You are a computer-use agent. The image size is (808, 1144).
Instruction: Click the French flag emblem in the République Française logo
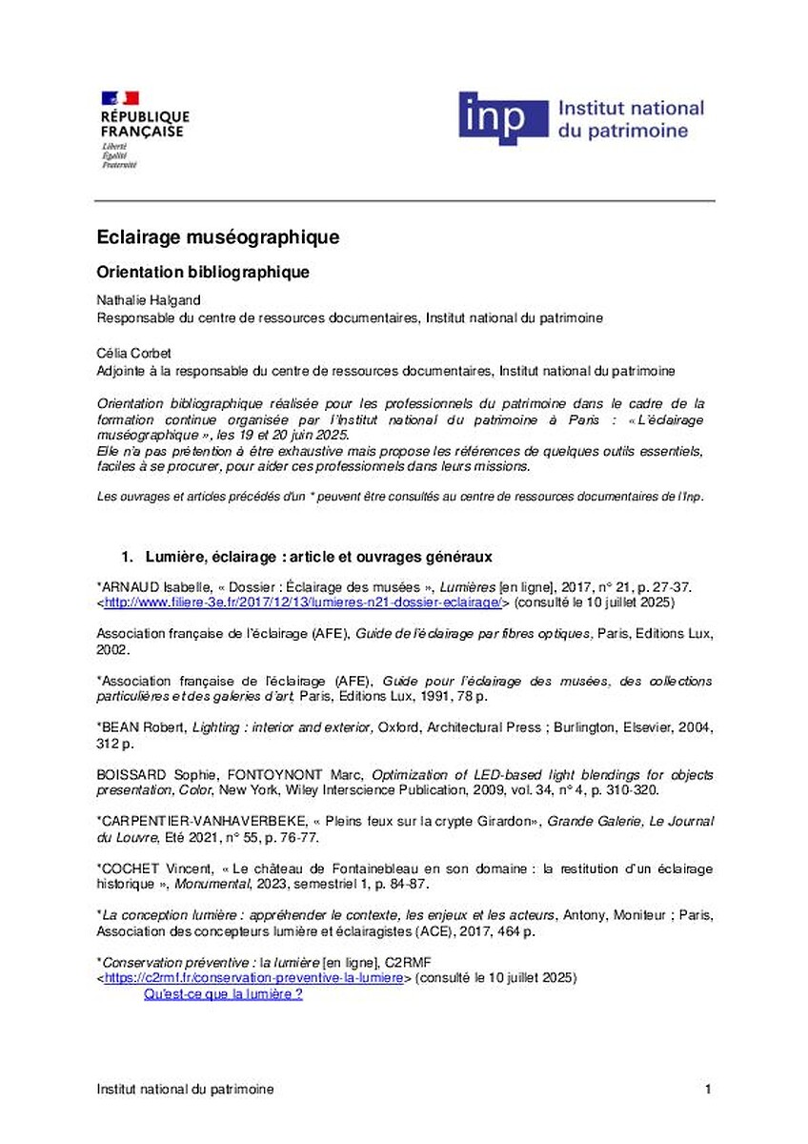[120, 97]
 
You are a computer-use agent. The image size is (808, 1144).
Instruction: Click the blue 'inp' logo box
[502, 118]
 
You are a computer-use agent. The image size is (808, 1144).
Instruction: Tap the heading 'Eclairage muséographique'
[217, 236]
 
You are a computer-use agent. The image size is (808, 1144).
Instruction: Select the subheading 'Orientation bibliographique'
[203, 273]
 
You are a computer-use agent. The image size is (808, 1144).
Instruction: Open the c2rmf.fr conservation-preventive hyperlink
[252, 978]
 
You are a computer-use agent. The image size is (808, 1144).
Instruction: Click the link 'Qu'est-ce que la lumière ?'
[223, 994]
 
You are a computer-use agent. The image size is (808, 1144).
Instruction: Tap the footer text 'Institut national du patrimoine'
[185, 1089]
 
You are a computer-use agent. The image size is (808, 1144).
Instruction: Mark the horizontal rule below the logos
[404, 201]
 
